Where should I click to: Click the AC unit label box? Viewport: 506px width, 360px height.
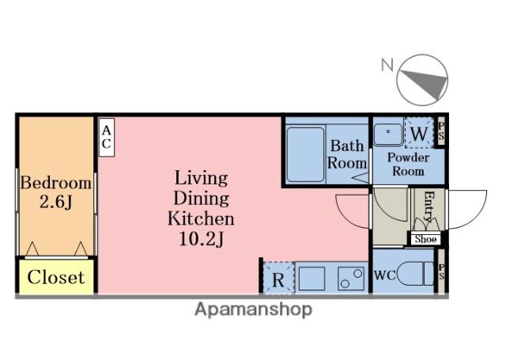point(106,137)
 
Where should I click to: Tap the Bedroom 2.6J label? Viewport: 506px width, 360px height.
point(56,192)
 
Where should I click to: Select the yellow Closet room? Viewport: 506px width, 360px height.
point(56,277)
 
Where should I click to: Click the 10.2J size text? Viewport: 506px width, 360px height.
point(201,239)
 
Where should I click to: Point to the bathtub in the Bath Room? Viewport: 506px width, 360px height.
point(305,154)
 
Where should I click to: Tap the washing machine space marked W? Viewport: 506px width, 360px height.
point(419,133)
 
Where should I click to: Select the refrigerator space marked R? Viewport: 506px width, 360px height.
point(278,278)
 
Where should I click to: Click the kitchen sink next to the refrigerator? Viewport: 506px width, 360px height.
point(312,279)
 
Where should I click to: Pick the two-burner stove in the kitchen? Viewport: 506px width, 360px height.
point(351,279)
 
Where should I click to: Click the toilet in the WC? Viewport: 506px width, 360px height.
point(415,273)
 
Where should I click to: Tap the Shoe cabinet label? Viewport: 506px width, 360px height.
point(425,239)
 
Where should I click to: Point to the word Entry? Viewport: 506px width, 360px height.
point(429,207)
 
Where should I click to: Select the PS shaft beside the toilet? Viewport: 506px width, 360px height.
point(441,271)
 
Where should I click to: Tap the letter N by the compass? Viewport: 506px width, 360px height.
point(387,65)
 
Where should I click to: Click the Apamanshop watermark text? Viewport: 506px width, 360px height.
point(253,309)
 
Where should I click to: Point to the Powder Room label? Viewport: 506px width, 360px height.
point(408,164)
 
